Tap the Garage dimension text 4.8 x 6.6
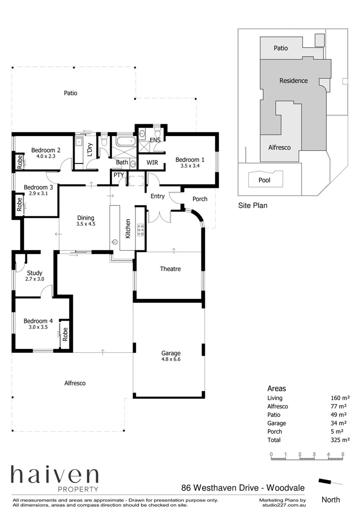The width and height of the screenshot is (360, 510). (171, 359)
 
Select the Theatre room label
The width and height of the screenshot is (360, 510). (170, 269)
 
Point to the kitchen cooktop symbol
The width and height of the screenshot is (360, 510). (140, 229)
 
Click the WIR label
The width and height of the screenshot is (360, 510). (152, 162)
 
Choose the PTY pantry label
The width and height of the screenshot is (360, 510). (118, 175)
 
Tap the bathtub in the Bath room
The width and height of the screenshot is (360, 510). (125, 141)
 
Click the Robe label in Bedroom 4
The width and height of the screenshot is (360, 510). (66, 334)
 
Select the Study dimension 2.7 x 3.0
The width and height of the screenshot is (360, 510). (34, 279)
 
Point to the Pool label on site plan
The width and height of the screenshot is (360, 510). (264, 180)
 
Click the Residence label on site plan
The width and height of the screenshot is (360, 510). (293, 81)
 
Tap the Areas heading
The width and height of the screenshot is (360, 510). (276, 389)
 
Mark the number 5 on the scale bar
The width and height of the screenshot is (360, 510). (343, 454)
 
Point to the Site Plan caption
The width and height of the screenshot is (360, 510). (252, 205)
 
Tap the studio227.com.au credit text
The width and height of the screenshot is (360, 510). (283, 505)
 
